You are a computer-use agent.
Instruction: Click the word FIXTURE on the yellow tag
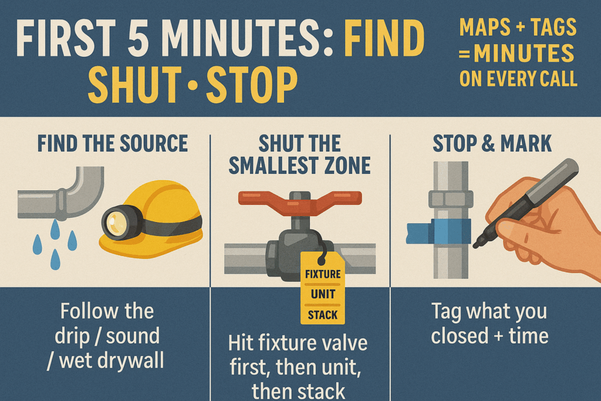coord(323,274)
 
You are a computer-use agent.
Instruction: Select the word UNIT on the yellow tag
coord(323,294)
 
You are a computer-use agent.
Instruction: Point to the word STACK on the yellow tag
coord(323,315)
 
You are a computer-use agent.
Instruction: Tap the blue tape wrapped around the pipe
coord(438,231)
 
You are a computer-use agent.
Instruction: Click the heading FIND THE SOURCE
coord(112,143)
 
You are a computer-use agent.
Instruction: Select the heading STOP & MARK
coord(492,143)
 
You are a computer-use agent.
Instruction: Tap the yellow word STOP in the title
coord(252,85)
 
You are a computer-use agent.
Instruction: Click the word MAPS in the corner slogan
coord(484,27)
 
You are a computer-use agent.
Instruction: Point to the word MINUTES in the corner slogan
coord(524,53)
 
